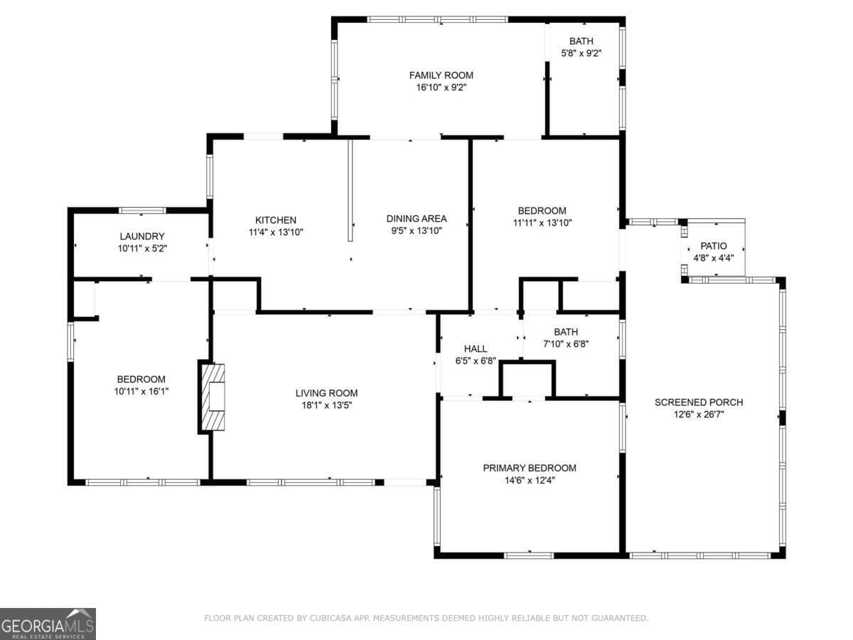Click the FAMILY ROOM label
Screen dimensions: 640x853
441,75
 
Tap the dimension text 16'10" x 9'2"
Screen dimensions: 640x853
441,87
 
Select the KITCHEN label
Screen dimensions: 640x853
276,220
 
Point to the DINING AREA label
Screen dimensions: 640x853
416,218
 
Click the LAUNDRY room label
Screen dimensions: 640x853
142,236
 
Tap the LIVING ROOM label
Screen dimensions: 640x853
326,393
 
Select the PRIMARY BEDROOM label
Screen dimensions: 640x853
530,468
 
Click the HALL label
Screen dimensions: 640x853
476,348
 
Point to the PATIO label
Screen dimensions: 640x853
714,245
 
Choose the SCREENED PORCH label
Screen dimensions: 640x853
699,402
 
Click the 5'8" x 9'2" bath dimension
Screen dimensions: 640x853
581,53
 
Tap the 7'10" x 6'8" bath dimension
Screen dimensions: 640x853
566,344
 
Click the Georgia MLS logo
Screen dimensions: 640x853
48,624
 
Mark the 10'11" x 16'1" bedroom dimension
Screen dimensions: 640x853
141,391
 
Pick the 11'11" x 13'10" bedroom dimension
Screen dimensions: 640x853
542,223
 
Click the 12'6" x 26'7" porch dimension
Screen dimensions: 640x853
699,414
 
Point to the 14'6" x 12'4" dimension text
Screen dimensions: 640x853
530,480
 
